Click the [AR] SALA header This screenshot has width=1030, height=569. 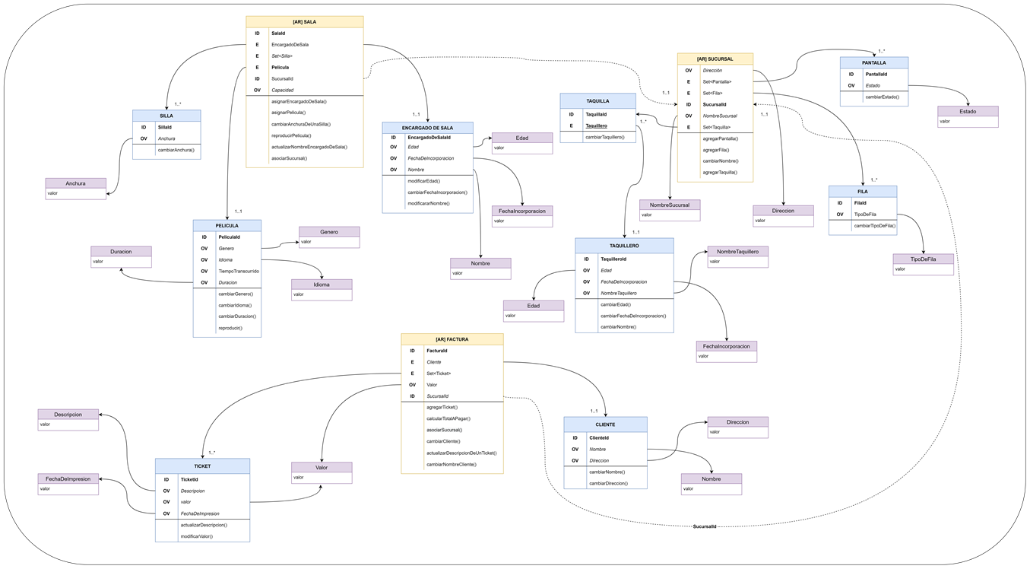click(x=304, y=22)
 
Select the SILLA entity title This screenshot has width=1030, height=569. click(x=166, y=116)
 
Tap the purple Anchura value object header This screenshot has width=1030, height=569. click(x=75, y=183)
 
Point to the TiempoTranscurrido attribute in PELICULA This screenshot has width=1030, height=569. click(x=239, y=271)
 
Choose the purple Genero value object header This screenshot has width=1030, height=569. click(x=329, y=231)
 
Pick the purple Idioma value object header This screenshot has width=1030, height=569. click(x=322, y=284)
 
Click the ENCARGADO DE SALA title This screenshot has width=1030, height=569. click(x=427, y=128)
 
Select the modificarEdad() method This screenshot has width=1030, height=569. click(x=423, y=181)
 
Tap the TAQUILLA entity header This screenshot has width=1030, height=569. click(x=597, y=100)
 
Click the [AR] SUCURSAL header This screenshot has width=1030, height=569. click(x=715, y=59)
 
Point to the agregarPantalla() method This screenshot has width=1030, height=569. click(x=720, y=138)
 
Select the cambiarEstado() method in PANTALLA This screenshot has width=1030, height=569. click(x=882, y=97)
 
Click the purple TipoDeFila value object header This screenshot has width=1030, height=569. click(x=923, y=259)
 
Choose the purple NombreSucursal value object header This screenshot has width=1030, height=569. click(x=670, y=205)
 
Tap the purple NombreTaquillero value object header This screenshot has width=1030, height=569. click(x=737, y=251)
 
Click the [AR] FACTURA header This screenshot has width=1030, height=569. click(x=452, y=339)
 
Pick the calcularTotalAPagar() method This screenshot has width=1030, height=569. click(x=448, y=418)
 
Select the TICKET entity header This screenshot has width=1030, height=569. click(x=202, y=466)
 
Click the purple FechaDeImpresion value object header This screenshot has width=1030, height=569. click(x=68, y=478)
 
